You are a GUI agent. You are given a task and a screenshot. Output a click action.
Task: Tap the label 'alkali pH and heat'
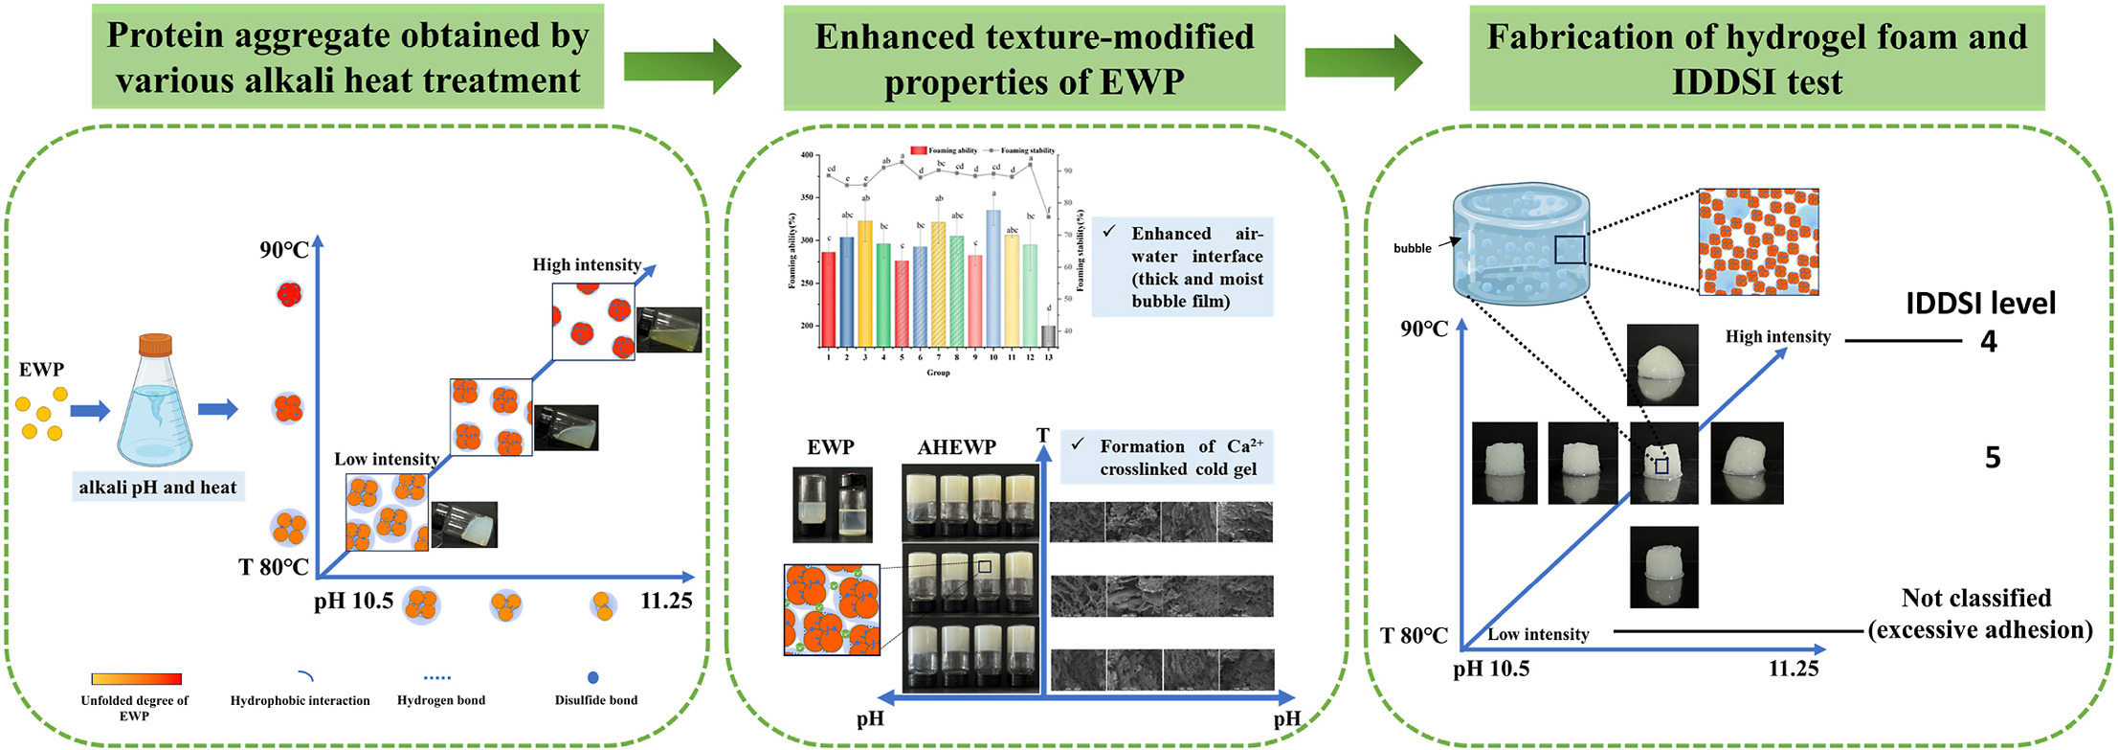coord(158,488)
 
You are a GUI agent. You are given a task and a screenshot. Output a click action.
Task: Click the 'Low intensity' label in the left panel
coord(386,459)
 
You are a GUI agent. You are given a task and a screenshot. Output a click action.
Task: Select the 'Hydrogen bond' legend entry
coord(440,699)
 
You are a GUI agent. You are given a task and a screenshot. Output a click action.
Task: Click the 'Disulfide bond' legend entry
coord(595,699)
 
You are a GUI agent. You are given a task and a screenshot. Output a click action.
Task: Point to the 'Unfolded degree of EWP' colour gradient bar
coord(136,679)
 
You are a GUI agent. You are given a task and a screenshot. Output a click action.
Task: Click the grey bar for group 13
coord(1048,336)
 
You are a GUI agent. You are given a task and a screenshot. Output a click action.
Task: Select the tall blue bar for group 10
coord(993,278)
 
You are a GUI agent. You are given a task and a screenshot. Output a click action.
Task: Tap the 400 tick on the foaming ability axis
coord(807,155)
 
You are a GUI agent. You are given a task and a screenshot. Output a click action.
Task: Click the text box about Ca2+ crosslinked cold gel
coord(1167,458)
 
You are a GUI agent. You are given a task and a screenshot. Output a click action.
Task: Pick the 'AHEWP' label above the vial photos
coord(956,447)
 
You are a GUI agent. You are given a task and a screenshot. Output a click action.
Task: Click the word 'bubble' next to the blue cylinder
coord(1412,248)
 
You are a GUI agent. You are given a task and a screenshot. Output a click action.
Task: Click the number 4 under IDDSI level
coord(1989,342)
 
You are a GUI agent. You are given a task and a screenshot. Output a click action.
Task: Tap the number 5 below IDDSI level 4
coord(1993,458)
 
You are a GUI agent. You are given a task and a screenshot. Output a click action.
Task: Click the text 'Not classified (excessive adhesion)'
coord(1978,614)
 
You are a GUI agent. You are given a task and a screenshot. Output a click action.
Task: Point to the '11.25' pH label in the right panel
coord(1793,669)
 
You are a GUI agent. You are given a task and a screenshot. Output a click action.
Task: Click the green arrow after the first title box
coord(682,66)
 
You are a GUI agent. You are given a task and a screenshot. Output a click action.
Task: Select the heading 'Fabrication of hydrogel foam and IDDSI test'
coord(1756,59)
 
